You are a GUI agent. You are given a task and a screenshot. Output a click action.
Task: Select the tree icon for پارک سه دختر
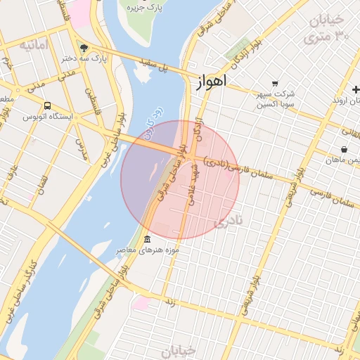point(84,49)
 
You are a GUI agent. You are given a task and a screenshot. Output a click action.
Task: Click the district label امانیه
point(34,45)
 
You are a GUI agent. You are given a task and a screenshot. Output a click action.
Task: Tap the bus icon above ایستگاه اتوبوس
point(47,105)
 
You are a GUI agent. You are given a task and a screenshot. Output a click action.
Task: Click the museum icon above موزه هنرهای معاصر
point(146,239)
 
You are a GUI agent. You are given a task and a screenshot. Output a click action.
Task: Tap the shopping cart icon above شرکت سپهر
point(275,83)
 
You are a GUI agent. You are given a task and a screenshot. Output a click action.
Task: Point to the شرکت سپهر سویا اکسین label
point(276,98)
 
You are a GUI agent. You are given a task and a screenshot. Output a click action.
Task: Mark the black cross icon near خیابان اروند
point(356,90)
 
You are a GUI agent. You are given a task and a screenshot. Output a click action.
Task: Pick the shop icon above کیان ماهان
point(344,149)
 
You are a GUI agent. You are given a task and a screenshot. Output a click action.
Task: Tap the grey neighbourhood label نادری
point(227,221)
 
